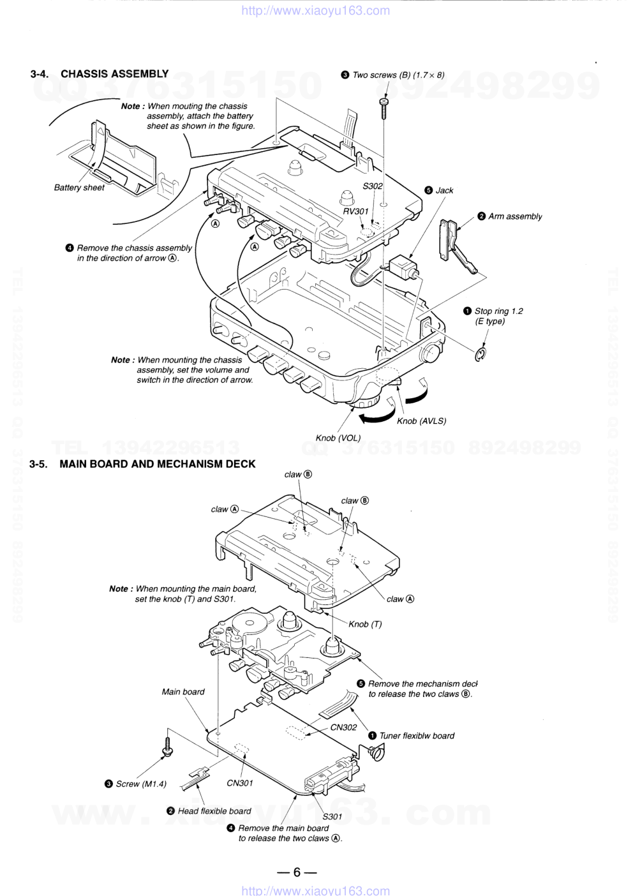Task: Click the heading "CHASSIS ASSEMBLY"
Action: [115, 74]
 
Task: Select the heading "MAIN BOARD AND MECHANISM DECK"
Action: [158, 464]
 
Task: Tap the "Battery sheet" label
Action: [79, 188]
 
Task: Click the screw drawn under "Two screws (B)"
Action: [384, 108]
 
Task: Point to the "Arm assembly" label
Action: [515, 216]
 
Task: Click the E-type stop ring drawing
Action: [480, 354]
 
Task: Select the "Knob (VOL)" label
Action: [338, 438]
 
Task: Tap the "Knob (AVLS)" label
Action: [421, 421]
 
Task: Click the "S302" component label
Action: [373, 186]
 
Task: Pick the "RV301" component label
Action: [356, 211]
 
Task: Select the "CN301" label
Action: [240, 783]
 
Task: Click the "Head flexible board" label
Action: [214, 810]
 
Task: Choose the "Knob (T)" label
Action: [365, 624]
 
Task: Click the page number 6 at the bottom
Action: [297, 871]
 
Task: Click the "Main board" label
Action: [183, 692]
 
